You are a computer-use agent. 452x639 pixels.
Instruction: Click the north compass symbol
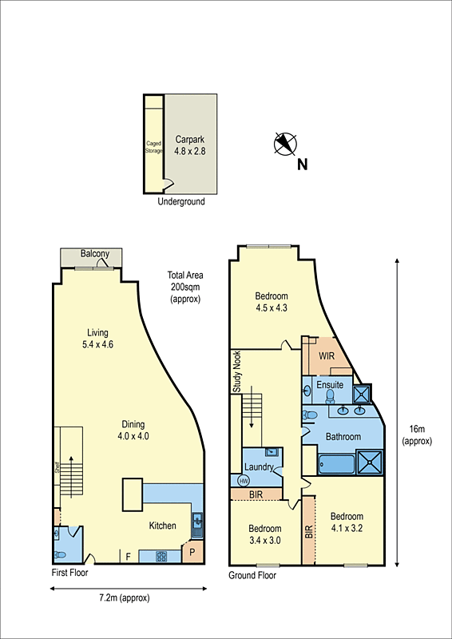point(285,144)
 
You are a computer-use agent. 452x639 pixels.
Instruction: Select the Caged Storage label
point(153,146)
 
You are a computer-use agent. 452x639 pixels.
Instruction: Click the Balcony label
point(95,254)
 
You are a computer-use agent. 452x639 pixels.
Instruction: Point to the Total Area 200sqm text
point(185,287)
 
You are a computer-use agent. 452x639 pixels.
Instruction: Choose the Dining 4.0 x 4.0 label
point(133,431)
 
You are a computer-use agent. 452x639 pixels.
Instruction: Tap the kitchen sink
point(197,524)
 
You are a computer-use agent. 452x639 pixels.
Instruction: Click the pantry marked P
point(192,553)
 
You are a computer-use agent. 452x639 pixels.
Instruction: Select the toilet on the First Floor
point(59,554)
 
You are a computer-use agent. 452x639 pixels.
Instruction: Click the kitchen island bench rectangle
point(133,495)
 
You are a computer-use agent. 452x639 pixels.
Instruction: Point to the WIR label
point(326,356)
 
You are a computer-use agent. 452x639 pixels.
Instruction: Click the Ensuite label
point(330,384)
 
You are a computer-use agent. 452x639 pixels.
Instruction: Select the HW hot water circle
point(244,481)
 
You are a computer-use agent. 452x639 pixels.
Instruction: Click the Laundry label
point(260,467)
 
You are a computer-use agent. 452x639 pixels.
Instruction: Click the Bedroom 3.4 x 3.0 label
point(264,534)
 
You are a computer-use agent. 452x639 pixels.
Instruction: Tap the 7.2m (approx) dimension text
point(124,597)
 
